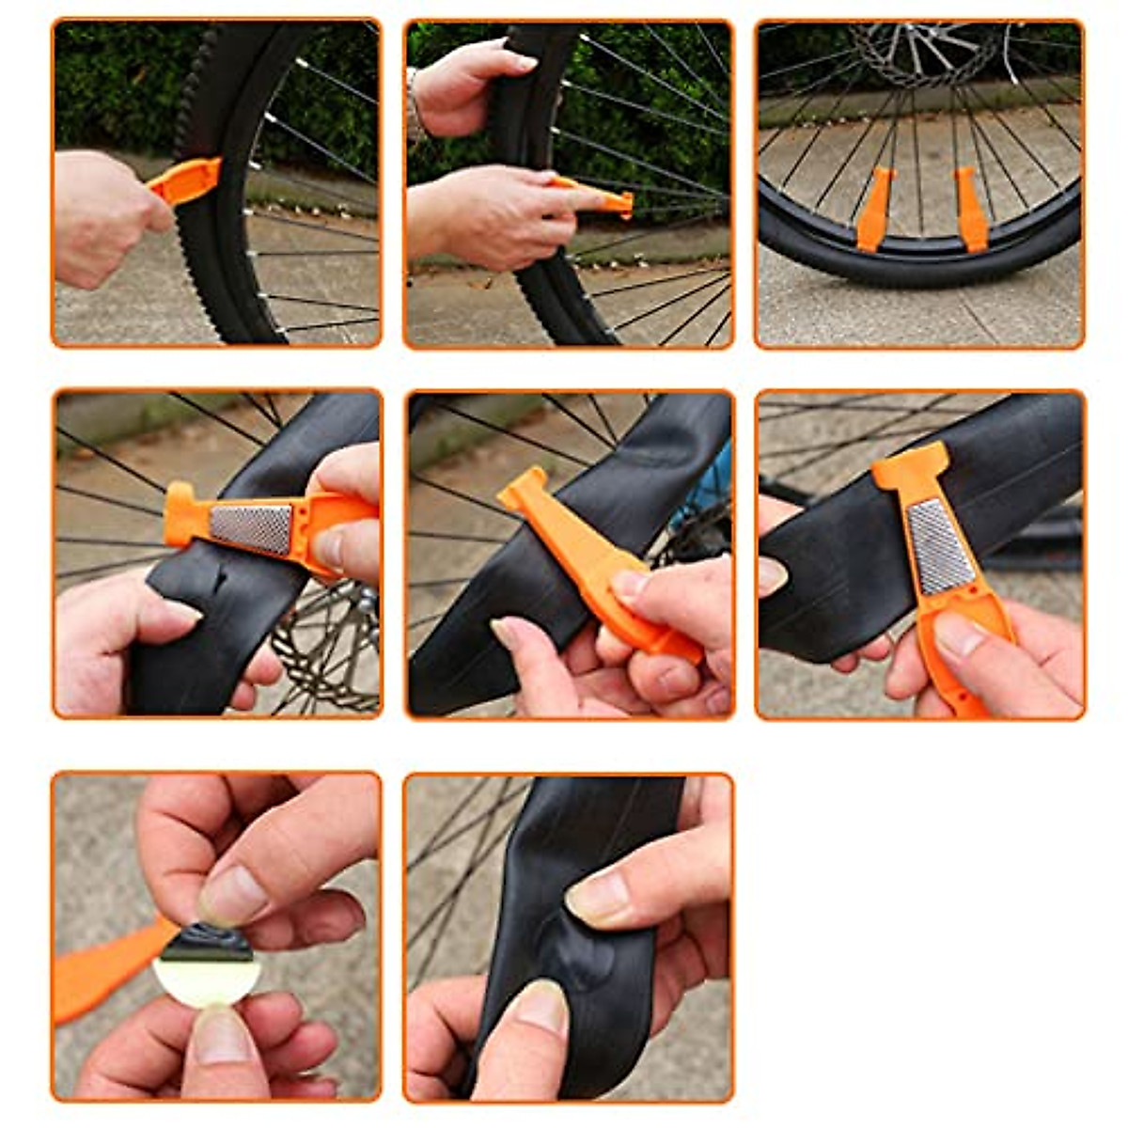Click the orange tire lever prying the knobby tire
pyautogui.click(x=189, y=181)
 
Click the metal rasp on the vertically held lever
pyautogui.click(x=935, y=545)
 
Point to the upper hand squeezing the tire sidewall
pyautogui.click(x=470, y=80)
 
